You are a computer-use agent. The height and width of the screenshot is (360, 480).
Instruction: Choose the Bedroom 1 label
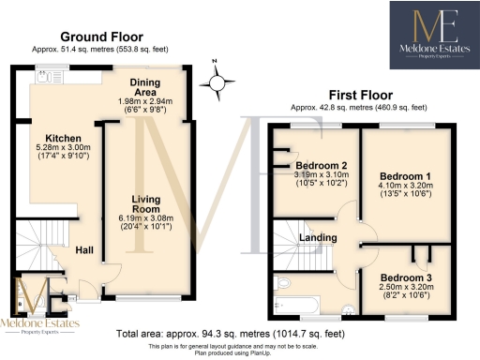click(405, 175)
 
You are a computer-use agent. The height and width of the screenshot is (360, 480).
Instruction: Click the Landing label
click(318, 237)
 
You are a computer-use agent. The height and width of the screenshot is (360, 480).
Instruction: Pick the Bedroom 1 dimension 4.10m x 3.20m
click(405, 187)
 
